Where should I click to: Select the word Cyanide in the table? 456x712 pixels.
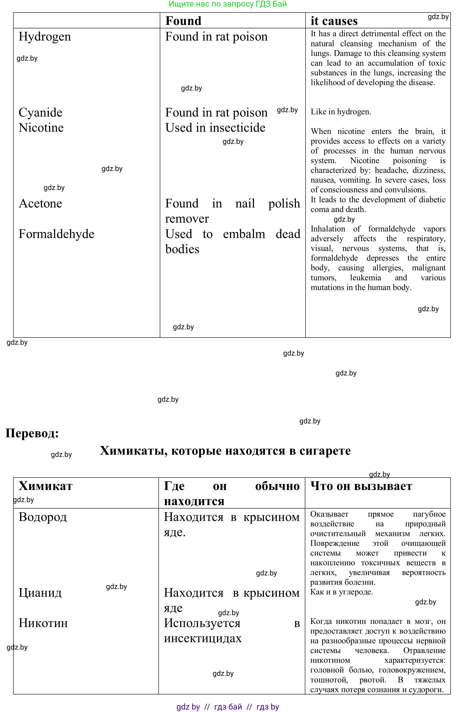(x=41, y=113)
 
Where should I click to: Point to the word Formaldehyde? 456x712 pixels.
(x=56, y=234)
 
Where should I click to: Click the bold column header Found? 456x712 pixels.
(x=183, y=21)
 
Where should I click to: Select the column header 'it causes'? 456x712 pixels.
(x=334, y=21)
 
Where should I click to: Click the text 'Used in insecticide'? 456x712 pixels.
(x=215, y=128)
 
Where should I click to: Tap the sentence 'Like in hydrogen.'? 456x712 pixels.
(x=341, y=112)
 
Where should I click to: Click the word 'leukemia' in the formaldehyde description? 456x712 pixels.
(x=365, y=278)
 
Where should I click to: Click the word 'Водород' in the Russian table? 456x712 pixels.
(x=43, y=517)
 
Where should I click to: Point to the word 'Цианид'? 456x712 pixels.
(x=40, y=593)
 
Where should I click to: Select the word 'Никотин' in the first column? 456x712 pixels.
(x=43, y=623)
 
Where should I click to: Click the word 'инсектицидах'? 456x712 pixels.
(x=203, y=638)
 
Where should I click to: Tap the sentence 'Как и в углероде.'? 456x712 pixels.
(x=341, y=592)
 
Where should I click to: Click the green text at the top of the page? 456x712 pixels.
(x=227, y=4)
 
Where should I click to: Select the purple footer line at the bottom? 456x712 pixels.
(x=227, y=707)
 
